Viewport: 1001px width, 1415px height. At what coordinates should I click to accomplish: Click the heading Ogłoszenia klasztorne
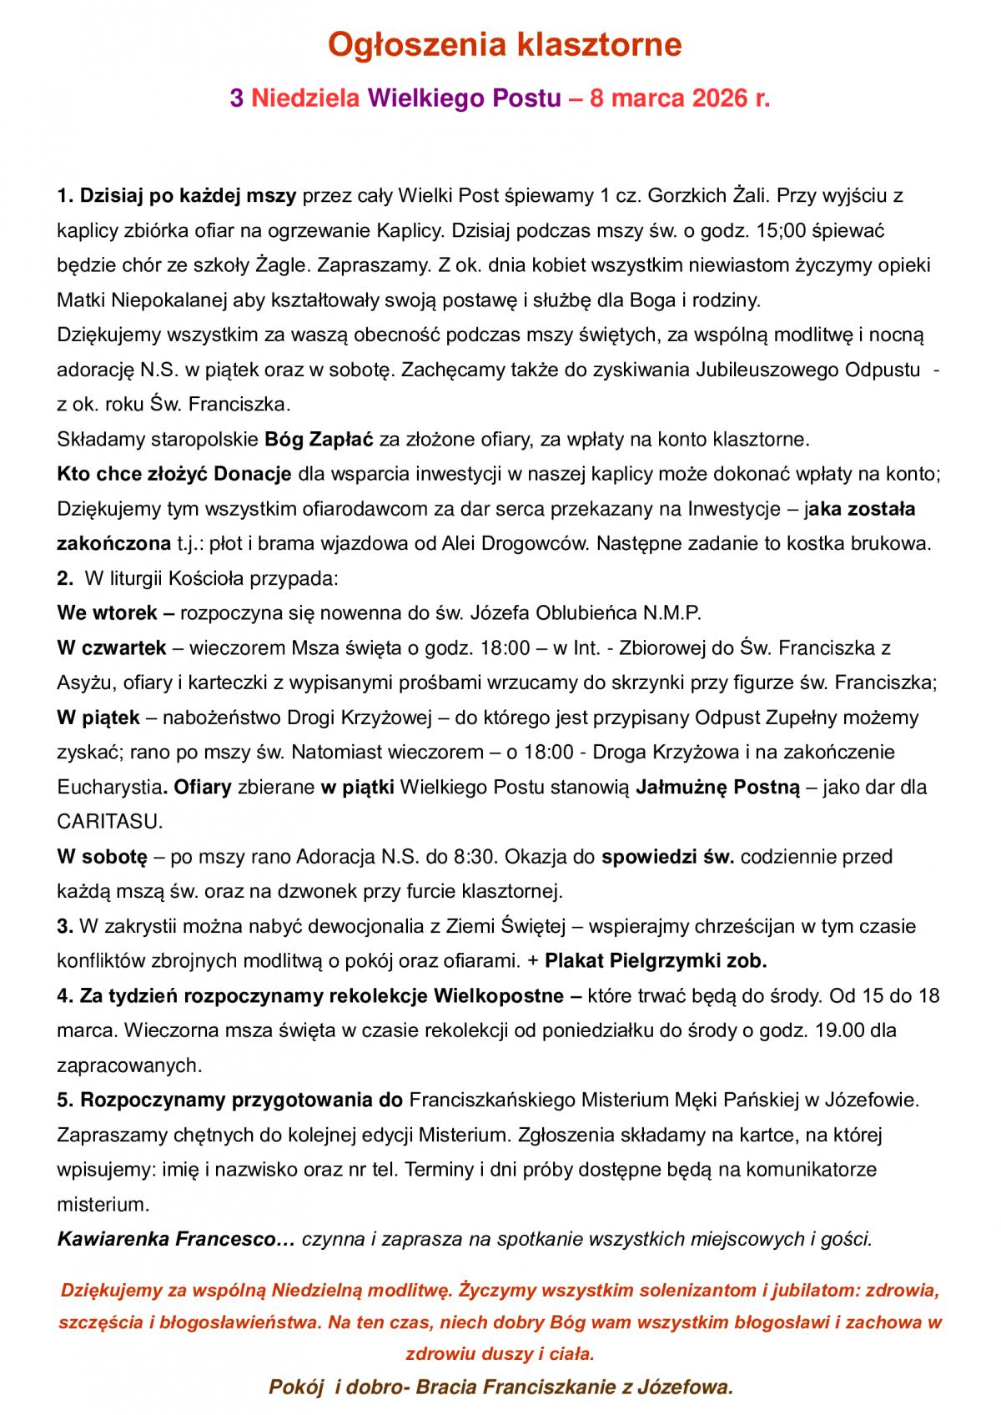tap(504, 44)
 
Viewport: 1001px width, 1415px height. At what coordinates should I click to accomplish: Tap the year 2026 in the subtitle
tap(719, 98)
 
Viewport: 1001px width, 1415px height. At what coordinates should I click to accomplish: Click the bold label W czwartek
tap(113, 647)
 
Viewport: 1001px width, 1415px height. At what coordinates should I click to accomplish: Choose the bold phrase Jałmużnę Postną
tap(717, 787)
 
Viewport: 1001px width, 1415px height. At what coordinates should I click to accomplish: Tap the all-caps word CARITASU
tap(109, 822)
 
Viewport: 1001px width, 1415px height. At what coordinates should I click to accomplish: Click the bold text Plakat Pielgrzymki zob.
tap(656, 961)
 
